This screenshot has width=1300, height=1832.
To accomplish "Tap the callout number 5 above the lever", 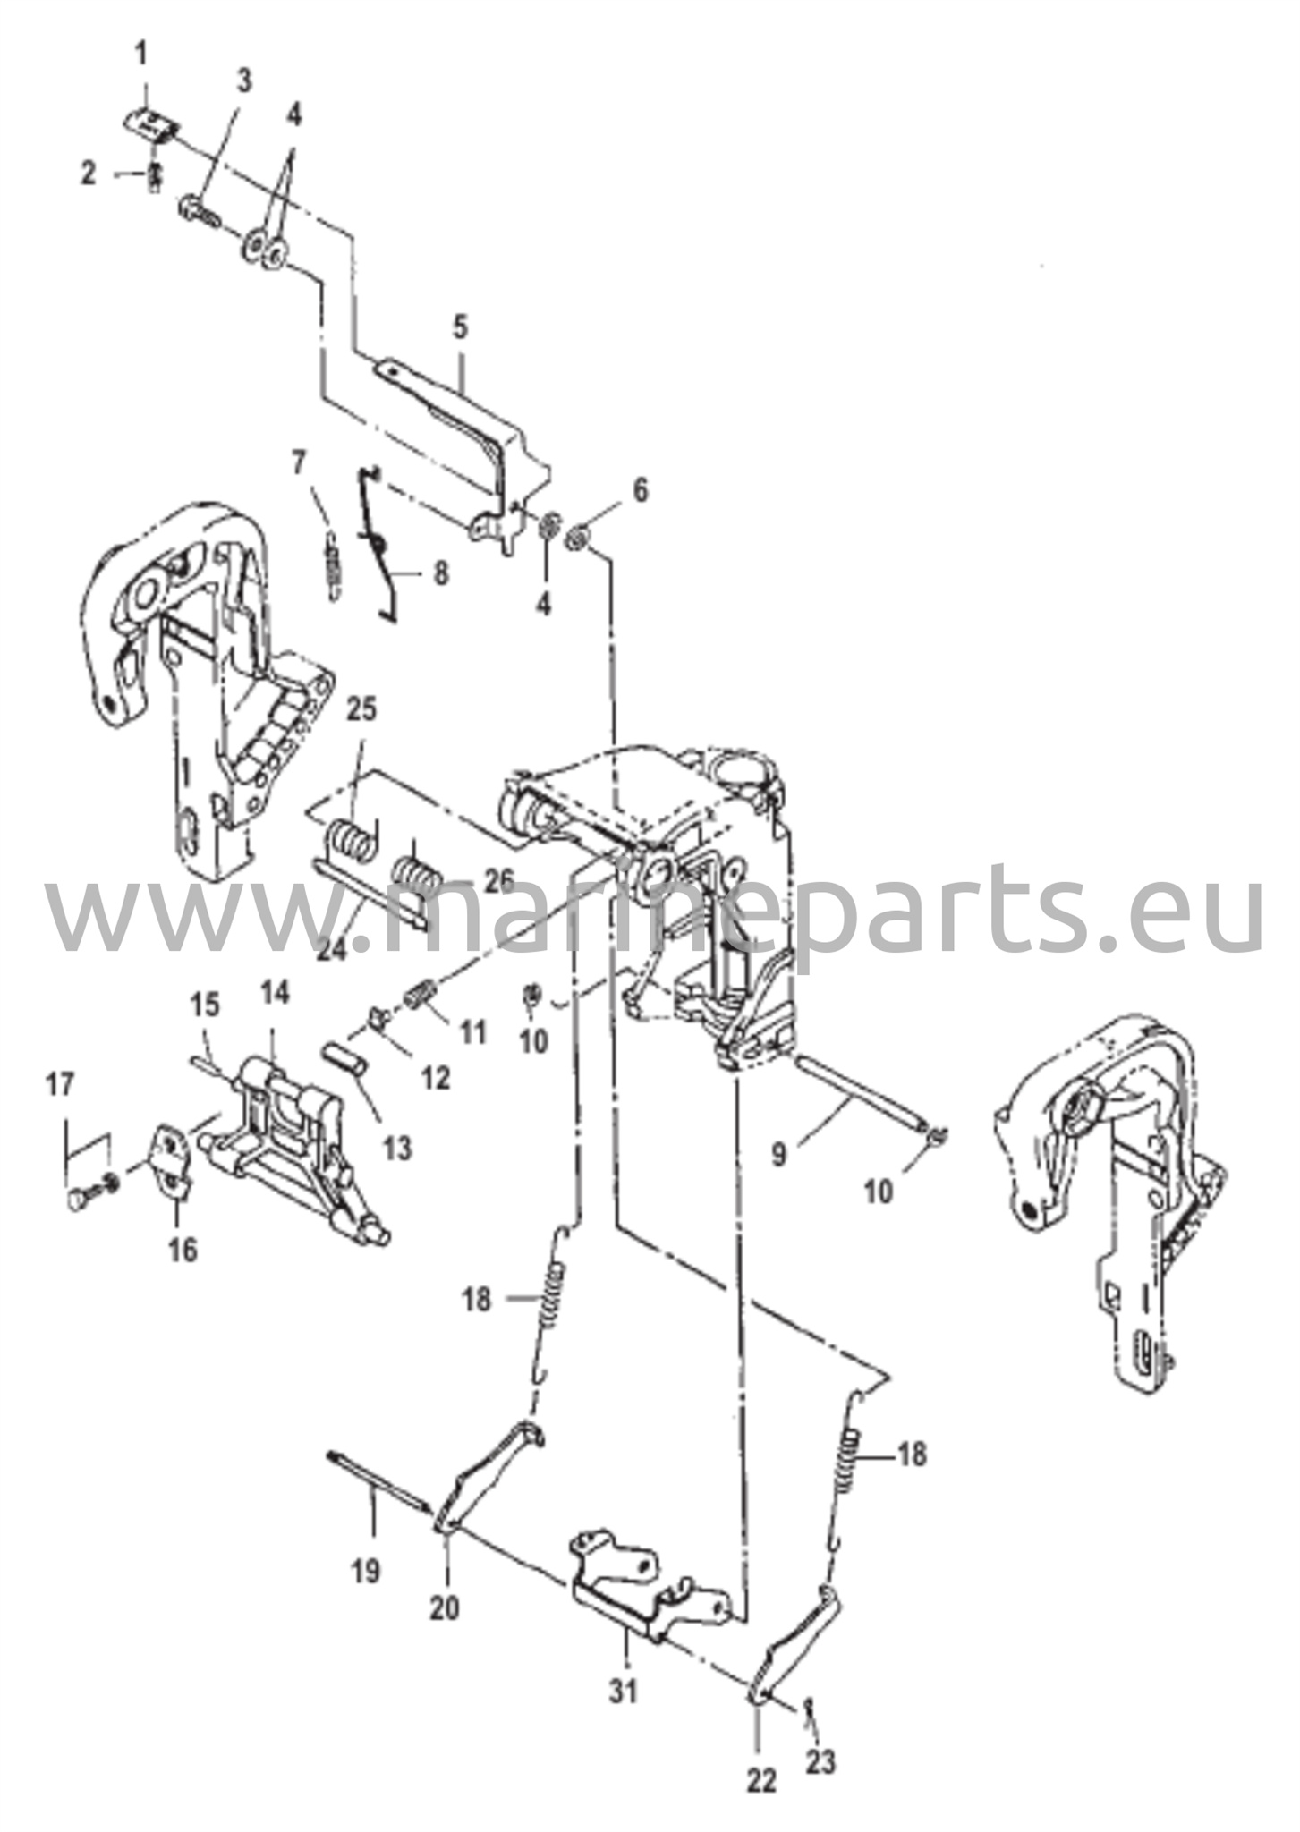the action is pos(459,327).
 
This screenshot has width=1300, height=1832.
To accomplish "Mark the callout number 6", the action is pos(639,490).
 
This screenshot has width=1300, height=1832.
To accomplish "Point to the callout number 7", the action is pos(299,463).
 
